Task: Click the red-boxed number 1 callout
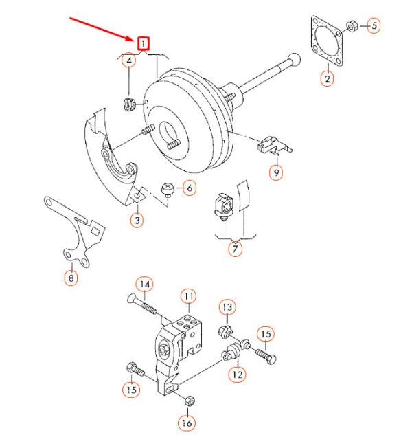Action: click(144, 43)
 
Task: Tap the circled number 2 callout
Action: click(327, 78)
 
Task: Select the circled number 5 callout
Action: click(374, 26)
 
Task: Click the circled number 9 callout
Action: click(276, 172)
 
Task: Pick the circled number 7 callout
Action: click(235, 249)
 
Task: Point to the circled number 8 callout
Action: click(71, 278)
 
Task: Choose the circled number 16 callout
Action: click(187, 423)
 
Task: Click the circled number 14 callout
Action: click(145, 285)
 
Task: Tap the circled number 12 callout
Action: click(237, 375)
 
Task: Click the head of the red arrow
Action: click(133, 39)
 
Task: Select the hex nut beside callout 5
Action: click(352, 27)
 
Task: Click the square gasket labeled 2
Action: click(327, 41)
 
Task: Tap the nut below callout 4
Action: click(128, 104)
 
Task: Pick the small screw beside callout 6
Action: click(167, 190)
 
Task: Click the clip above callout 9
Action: click(274, 145)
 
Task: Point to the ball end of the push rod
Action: click(295, 59)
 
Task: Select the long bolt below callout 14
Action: click(143, 305)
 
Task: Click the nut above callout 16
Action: click(190, 401)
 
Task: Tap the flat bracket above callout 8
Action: click(75, 232)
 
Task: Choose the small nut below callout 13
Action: click(225, 331)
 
